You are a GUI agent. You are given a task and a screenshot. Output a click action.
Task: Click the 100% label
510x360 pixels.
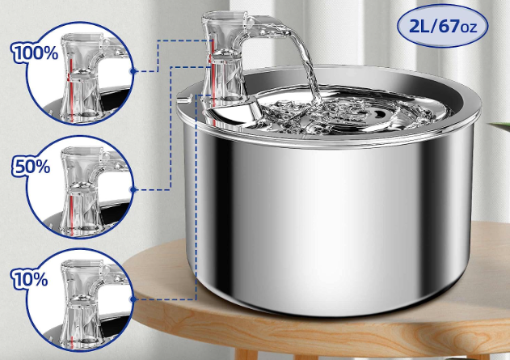(x=35, y=53)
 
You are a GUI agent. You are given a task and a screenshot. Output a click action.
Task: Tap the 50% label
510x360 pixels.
(x=31, y=166)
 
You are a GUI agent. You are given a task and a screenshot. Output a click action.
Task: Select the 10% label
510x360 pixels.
(x=30, y=279)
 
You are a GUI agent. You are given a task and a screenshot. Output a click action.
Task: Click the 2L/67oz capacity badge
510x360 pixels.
(x=442, y=26)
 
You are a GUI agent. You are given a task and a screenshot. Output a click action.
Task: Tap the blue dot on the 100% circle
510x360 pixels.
(x=133, y=71)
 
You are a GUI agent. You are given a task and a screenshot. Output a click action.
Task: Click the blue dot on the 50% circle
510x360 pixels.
(x=133, y=190)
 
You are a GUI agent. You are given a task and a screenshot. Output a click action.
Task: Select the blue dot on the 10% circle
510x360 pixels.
(x=133, y=299)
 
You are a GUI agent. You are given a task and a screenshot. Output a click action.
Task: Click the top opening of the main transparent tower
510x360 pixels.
(x=225, y=15)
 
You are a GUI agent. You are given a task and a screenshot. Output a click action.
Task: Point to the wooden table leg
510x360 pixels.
(x=246, y=354)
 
